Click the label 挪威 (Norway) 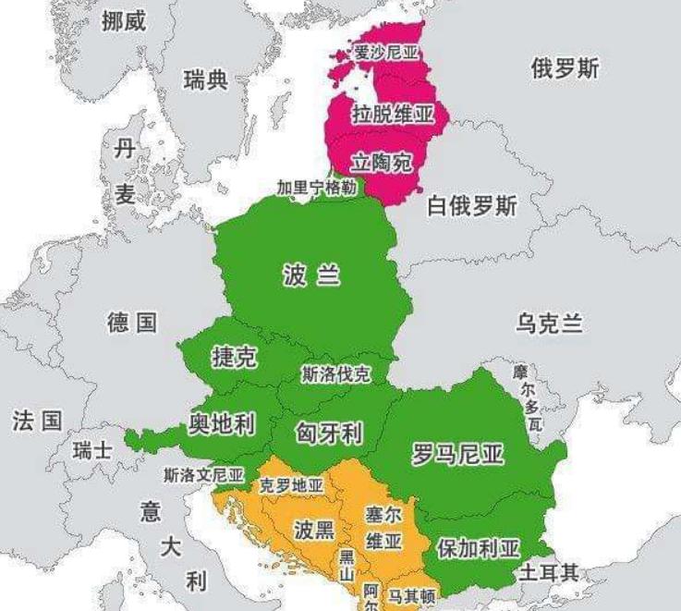[x=124, y=21]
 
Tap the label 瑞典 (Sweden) [x=205, y=80]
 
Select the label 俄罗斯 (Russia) [x=565, y=68]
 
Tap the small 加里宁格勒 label [x=316, y=188]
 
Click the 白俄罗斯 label [x=472, y=206]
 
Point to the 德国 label [x=132, y=323]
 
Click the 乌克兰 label [x=550, y=324]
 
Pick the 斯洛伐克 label [x=335, y=374]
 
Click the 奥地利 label [x=222, y=423]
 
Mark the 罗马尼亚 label [x=457, y=454]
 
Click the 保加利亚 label [x=478, y=548]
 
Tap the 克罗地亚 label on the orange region [x=291, y=485]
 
